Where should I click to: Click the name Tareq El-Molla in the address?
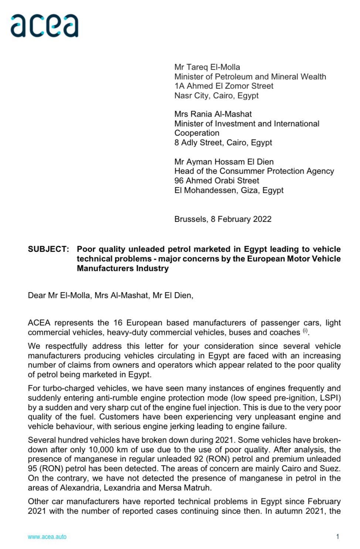click(x=214, y=67)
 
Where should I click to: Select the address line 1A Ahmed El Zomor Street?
click(x=224, y=86)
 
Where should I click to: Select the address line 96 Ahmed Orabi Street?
click(x=217, y=181)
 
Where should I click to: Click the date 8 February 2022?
click(x=241, y=219)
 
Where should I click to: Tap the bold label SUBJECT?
click(x=48, y=249)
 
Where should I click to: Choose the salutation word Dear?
click(x=37, y=296)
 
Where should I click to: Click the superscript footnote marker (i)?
click(x=305, y=331)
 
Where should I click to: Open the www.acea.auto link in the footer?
click(x=47, y=537)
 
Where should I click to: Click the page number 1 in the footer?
click(x=337, y=537)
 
